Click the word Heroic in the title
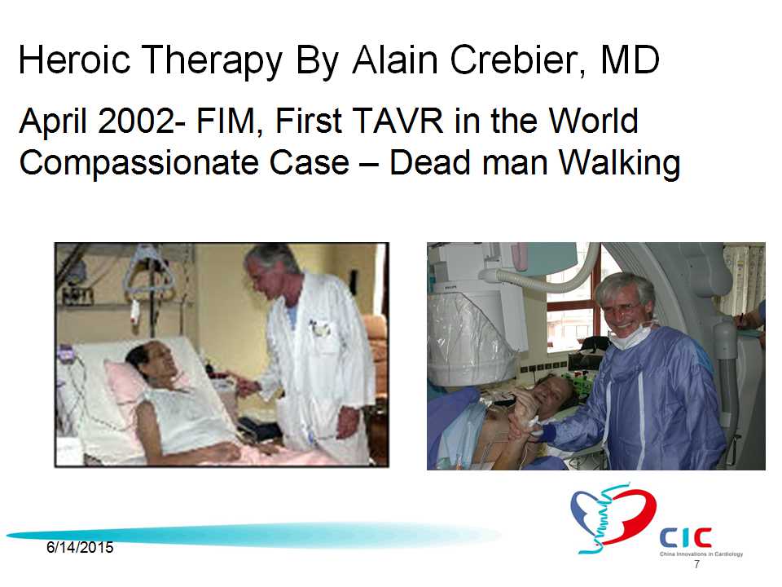pos(74,60)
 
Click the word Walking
pos(618,163)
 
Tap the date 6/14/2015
pos(80,547)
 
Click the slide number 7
pos(696,564)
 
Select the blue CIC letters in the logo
pos(685,537)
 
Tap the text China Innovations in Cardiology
pos(701,554)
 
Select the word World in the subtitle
pos(593,121)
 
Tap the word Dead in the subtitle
pos(429,163)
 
